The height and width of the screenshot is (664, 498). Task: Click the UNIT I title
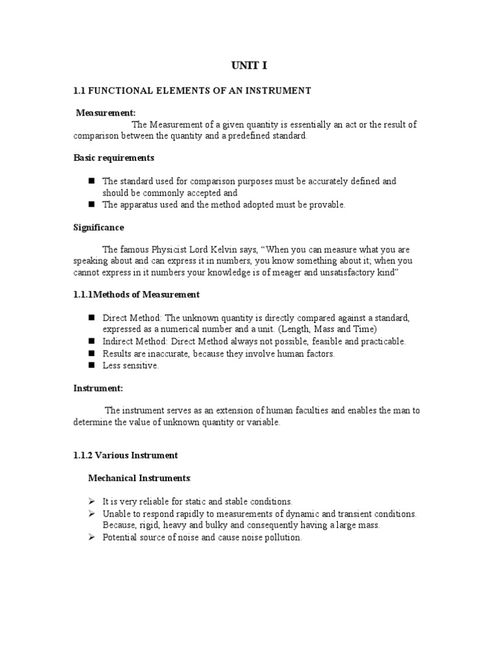click(x=248, y=66)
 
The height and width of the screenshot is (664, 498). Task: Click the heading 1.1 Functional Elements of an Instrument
click(x=192, y=91)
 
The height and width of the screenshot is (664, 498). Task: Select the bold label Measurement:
click(x=106, y=113)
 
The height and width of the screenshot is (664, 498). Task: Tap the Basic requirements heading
click(x=113, y=158)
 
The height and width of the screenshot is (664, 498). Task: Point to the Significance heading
click(x=99, y=228)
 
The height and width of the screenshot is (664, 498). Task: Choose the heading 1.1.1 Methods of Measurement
click(x=136, y=294)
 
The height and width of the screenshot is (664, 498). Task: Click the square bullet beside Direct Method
click(x=91, y=318)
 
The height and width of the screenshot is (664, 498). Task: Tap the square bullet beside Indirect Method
click(x=91, y=340)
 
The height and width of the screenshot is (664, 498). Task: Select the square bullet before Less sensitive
click(x=91, y=365)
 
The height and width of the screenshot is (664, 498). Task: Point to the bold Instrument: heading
click(x=98, y=388)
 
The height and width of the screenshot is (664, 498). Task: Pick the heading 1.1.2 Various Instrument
click(x=125, y=455)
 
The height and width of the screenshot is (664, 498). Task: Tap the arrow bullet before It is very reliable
click(x=91, y=501)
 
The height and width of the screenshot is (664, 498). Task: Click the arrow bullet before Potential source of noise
click(x=91, y=538)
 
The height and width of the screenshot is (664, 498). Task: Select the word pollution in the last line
click(x=283, y=538)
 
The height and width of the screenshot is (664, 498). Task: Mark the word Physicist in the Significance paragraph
click(x=184, y=250)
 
